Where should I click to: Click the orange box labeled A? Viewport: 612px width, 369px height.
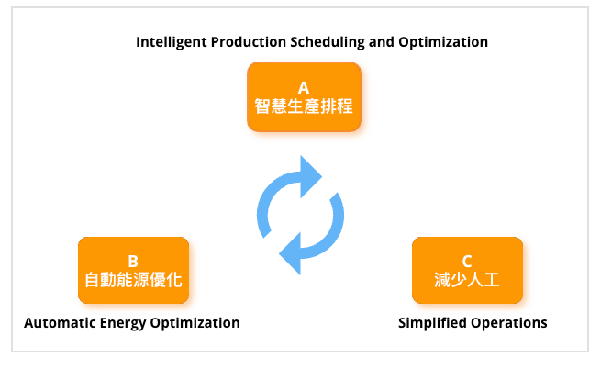coord(304,96)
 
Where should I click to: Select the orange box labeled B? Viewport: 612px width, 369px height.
coord(133,270)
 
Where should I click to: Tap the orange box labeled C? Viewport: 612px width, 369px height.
coord(467,270)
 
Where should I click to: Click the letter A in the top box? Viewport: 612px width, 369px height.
coord(304,88)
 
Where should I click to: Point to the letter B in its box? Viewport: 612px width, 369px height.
coord(133,261)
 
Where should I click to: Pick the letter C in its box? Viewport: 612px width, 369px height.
coord(467,261)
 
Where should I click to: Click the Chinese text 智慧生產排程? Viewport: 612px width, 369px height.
coord(304,106)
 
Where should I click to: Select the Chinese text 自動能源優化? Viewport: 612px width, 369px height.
coord(133,280)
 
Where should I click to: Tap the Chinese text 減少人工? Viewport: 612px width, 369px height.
coord(467,280)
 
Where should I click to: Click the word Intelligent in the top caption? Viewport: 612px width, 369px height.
coord(172,42)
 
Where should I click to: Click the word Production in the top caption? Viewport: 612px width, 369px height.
coord(249,42)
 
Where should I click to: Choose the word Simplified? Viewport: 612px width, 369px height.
coord(432,323)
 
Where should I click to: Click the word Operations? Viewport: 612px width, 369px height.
coord(509,323)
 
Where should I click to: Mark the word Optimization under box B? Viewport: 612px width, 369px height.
coord(195,323)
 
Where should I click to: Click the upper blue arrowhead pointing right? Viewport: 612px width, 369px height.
coord(311,177)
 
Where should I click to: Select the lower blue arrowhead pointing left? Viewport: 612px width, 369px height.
coord(290,253)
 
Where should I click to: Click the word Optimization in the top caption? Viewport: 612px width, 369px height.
coord(443,42)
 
